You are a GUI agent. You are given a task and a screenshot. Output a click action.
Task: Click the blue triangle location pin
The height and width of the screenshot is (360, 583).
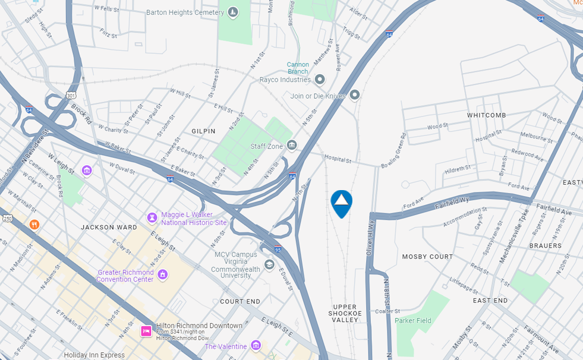click(x=341, y=203)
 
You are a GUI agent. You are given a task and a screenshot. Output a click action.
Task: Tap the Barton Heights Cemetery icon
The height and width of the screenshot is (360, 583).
click(x=232, y=12)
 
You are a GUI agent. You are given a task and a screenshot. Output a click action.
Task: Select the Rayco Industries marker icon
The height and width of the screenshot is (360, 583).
click(x=320, y=79)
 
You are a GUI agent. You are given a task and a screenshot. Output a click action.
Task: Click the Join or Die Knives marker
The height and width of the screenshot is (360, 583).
click(x=355, y=95)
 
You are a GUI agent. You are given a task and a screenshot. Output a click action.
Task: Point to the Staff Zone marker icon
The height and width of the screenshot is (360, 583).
click(x=291, y=145)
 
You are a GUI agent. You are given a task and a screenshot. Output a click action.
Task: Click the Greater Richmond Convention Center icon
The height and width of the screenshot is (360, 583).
click(x=162, y=275)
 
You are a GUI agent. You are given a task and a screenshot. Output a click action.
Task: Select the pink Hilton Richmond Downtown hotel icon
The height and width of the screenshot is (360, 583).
click(x=146, y=331)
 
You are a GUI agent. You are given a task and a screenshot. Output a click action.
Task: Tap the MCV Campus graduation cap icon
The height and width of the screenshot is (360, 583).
click(x=269, y=264)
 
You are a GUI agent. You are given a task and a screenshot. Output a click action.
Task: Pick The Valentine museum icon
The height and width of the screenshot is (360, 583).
click(x=256, y=346)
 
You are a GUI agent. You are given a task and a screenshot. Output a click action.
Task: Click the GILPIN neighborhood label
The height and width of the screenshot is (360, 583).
click(x=203, y=131)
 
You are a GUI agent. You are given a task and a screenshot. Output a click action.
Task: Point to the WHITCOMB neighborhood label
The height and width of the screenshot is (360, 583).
click(x=486, y=115)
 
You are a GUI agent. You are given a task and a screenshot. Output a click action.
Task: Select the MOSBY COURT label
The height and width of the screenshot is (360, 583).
click(x=427, y=257)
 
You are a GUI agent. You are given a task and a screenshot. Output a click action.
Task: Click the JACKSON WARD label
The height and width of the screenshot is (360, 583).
click(x=109, y=227)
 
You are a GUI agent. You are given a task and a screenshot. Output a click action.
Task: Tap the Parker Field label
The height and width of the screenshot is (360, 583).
click(x=414, y=321)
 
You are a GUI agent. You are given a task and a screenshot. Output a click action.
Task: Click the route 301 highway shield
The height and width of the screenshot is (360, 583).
click(x=72, y=95)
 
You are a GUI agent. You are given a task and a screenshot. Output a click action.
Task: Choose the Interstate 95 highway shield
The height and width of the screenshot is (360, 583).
click(x=278, y=250)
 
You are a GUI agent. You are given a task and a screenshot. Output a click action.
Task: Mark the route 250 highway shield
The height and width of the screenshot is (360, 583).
click(x=7, y=219)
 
